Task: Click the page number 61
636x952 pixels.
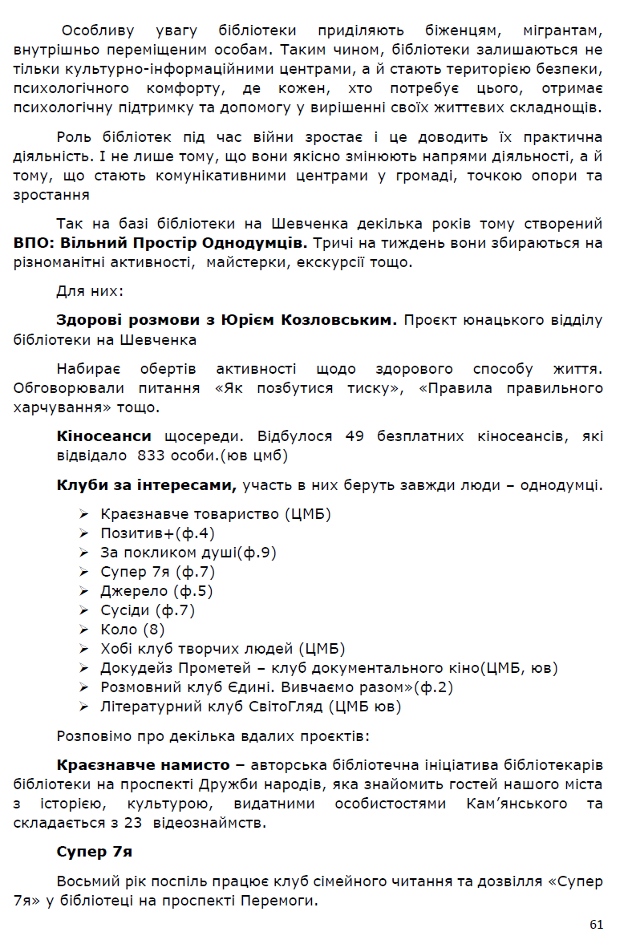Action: click(x=596, y=925)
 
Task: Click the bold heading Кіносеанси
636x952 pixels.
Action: click(x=103, y=436)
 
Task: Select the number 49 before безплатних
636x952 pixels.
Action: click(x=355, y=436)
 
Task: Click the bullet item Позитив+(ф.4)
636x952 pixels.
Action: click(x=157, y=533)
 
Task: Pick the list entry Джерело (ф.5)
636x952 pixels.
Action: click(x=156, y=591)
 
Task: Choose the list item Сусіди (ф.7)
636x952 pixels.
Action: click(x=148, y=610)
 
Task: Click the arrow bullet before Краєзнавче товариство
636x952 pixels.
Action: click(x=84, y=513)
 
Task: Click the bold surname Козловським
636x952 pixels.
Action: click(x=338, y=320)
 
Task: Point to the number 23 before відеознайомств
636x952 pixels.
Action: click(x=134, y=822)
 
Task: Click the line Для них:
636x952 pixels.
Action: click(x=89, y=290)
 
